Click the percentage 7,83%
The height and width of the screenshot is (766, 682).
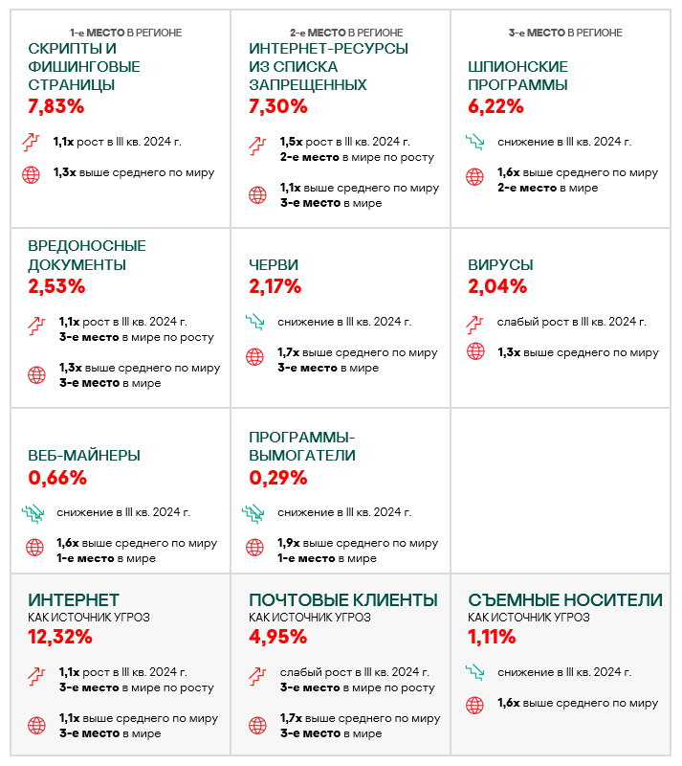[57, 105]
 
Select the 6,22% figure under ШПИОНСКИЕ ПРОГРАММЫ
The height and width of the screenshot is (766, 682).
[496, 105]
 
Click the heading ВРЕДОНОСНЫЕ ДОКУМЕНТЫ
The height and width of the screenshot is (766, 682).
[87, 256]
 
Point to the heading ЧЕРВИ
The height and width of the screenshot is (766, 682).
[274, 264]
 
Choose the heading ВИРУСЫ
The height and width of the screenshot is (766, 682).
[500, 264]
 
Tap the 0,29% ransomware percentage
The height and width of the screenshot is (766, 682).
[277, 477]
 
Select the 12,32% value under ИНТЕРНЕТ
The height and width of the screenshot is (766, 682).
[60, 637]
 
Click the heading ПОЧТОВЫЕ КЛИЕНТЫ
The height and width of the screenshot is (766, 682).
[342, 600]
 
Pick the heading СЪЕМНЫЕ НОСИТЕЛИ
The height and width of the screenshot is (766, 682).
[564, 600]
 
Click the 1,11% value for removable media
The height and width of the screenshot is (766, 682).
[492, 637]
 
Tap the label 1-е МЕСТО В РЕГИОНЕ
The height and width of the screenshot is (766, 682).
[125, 33]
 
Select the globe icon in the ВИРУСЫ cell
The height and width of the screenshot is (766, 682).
[475, 351]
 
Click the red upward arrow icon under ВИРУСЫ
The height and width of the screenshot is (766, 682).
[475, 322]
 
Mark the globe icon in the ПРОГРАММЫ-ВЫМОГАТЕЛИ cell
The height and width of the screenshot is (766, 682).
[255, 549]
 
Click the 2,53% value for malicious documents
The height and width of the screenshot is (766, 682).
[56, 285]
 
